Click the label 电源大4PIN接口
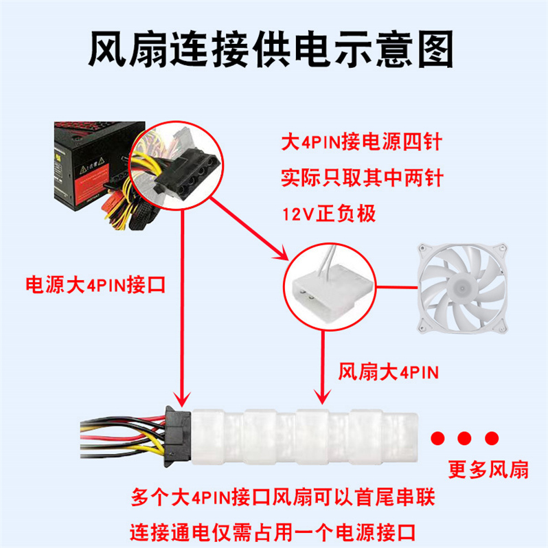[95, 285]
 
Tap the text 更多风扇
[488, 470]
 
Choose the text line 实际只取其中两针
[362, 179]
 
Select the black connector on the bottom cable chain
[175, 435]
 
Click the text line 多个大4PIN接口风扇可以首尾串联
[283, 496]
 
